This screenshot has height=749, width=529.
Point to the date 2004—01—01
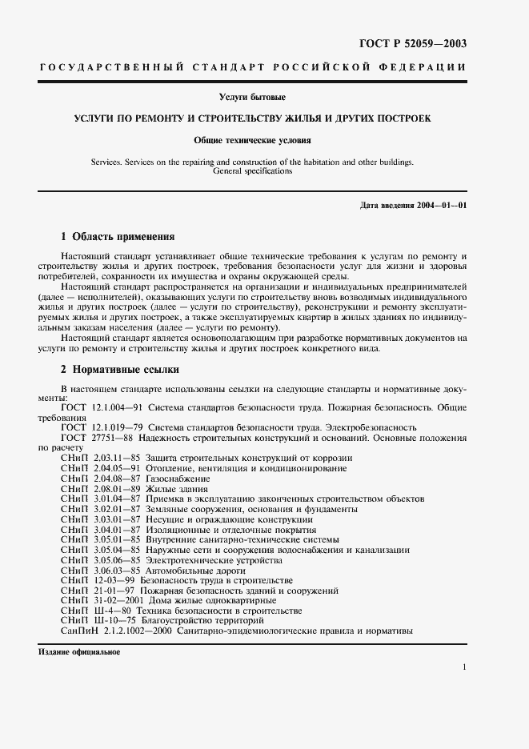tap(442, 206)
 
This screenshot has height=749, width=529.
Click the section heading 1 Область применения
tap(117, 237)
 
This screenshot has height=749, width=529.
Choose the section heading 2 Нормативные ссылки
tap(120, 370)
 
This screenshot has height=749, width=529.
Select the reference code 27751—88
tap(112, 438)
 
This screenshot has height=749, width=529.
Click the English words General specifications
tap(252, 170)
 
